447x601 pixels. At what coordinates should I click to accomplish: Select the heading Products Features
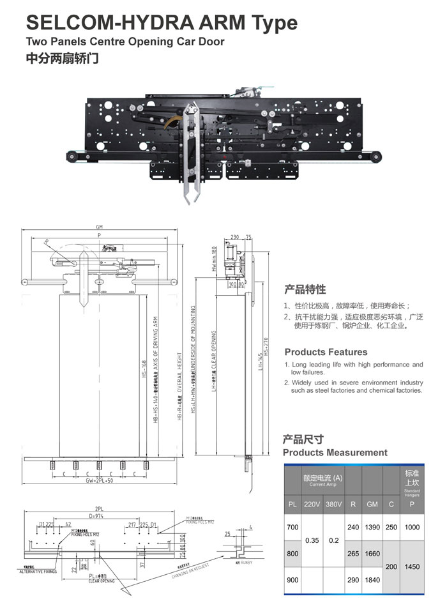tap(326, 352)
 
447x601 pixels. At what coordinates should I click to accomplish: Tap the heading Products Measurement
tap(335, 452)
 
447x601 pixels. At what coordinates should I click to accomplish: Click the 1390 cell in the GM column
tap(372, 528)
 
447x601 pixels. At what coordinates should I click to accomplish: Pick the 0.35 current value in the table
tap(312, 540)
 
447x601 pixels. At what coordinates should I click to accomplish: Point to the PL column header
tap(292, 505)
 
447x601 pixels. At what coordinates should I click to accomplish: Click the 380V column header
tap(333, 505)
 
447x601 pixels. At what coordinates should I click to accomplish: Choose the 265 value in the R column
tap(353, 553)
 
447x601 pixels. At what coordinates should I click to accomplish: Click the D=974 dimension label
tap(97, 515)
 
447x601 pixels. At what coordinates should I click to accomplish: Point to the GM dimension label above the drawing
tap(99, 227)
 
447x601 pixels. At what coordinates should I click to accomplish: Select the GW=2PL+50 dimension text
tap(100, 480)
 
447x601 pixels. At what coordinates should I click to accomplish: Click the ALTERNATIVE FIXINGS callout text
tap(38, 572)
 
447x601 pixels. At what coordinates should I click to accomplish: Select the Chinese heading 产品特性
tap(305, 289)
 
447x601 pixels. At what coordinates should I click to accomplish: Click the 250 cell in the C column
tap(391, 528)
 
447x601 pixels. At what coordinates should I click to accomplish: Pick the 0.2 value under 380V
tap(333, 540)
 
